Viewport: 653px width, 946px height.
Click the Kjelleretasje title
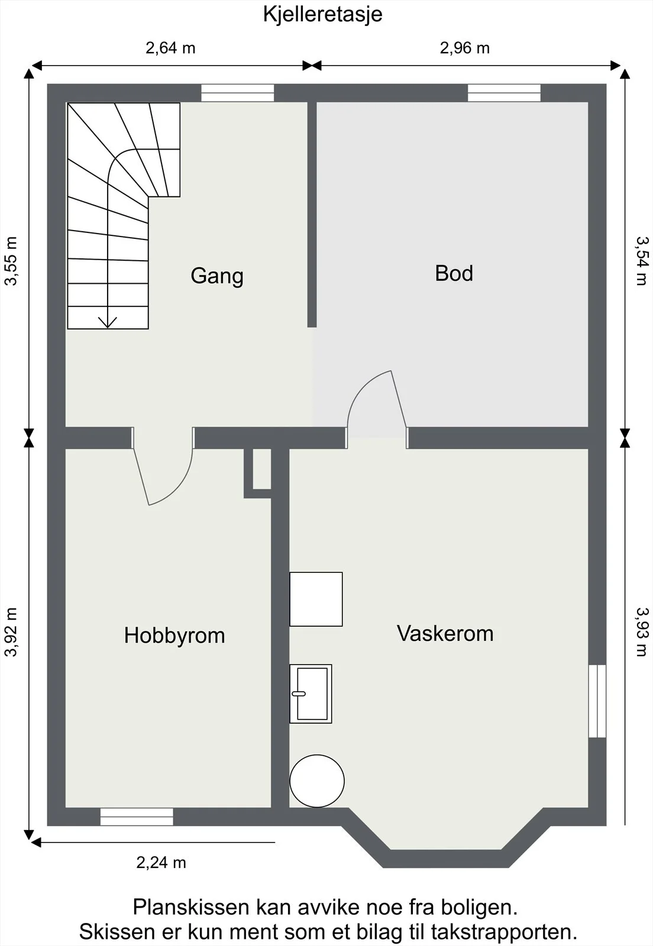(323, 15)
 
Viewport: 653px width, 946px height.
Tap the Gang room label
(217, 276)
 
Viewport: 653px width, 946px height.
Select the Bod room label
(454, 273)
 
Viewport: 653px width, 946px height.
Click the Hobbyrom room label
(174, 635)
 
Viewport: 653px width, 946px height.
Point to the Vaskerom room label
(445, 633)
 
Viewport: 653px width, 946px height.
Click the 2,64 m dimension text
(170, 48)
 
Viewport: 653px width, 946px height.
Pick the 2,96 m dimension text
(465, 48)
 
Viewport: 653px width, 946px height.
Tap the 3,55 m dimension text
(11, 261)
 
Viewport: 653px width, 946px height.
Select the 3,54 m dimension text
(642, 261)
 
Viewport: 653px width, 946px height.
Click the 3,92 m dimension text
(11, 632)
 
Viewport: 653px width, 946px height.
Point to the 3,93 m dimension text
(642, 632)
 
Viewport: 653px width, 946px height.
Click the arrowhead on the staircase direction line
(108, 323)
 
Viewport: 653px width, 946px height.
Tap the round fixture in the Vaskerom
(317, 781)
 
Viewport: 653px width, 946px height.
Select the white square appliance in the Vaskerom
(316, 599)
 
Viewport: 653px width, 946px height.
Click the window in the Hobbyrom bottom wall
(137, 817)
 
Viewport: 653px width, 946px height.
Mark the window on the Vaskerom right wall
(597, 701)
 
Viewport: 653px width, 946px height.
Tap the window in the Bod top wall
(504, 93)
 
